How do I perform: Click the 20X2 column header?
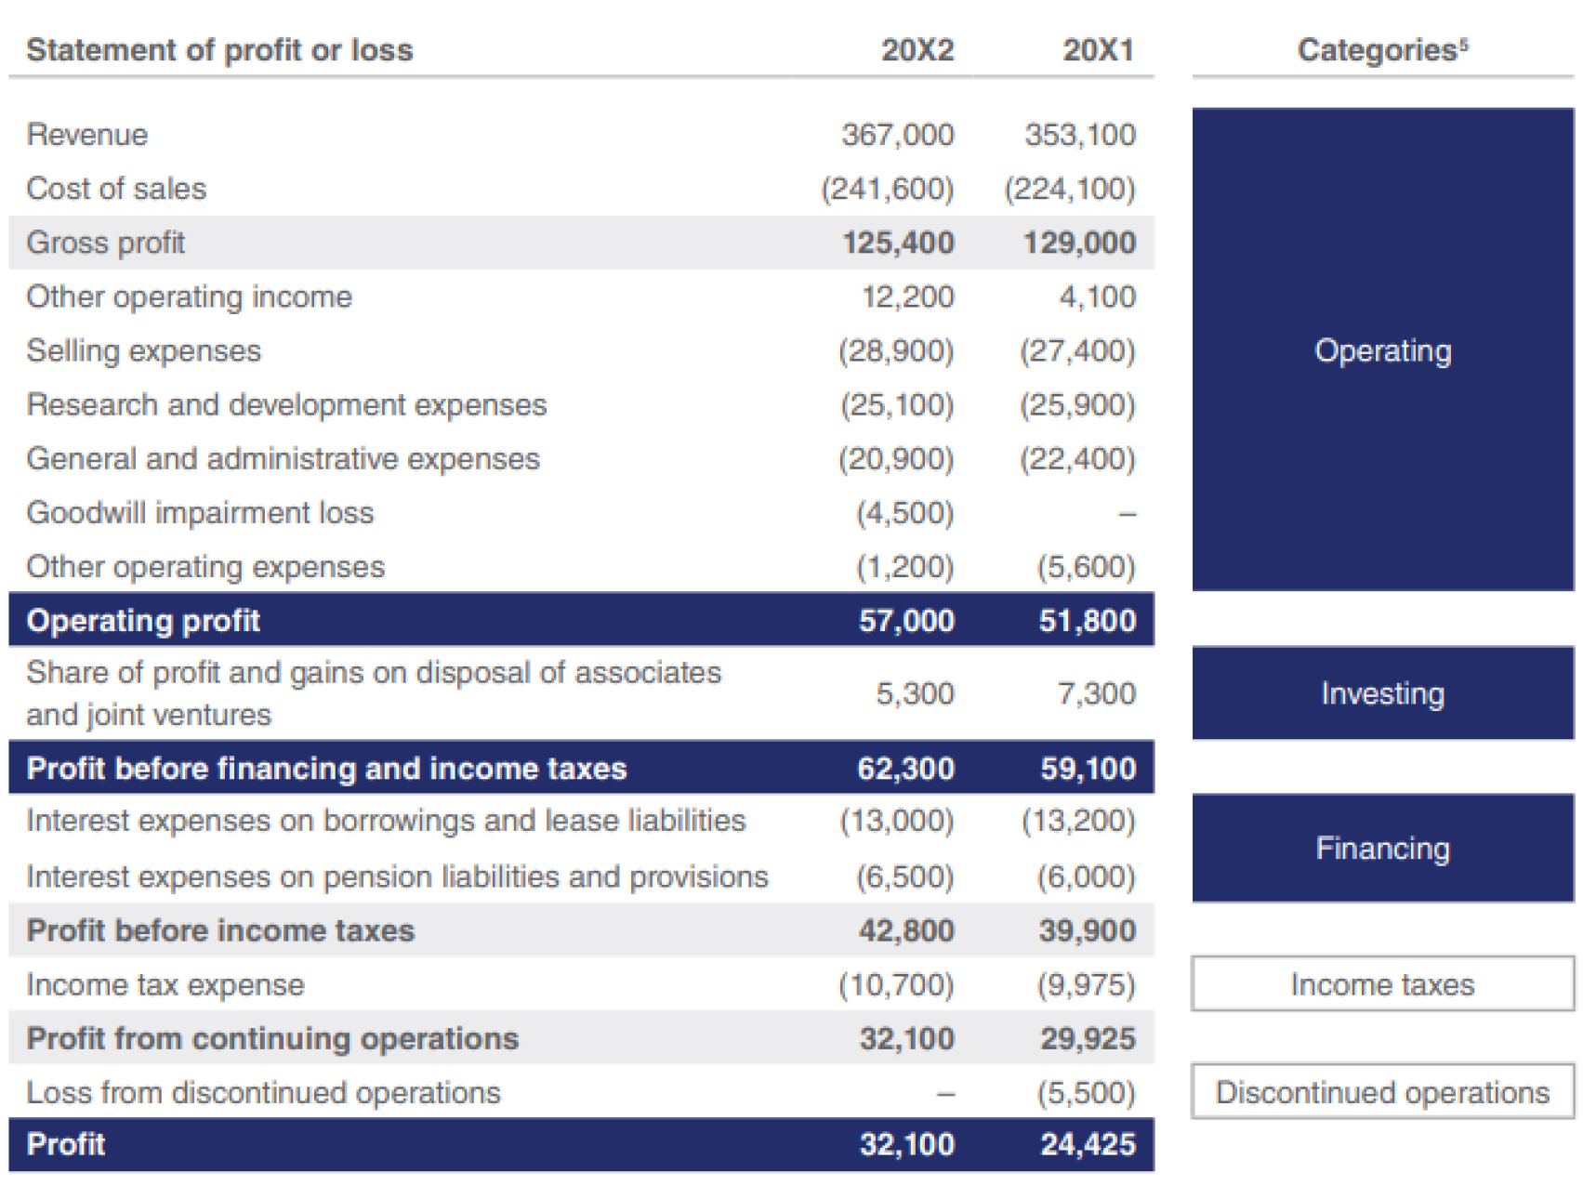coord(917,50)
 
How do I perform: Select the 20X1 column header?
coord(1098,50)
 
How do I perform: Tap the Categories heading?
coord(1381,50)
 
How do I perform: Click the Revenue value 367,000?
coord(897,135)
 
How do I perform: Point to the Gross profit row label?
coord(106,243)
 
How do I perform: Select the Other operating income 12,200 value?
coord(906,296)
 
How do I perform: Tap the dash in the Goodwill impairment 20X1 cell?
coord(1126,513)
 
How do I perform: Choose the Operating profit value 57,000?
coord(905,621)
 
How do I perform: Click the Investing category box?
coord(1382,693)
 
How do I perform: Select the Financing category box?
coord(1382,848)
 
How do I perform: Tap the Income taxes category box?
coord(1382,984)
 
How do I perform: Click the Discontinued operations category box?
coord(1382,1092)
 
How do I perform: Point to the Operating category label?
coord(1382,350)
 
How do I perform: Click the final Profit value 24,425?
coord(1088,1144)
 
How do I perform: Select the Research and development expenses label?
coord(286,405)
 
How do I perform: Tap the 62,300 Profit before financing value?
coord(905,769)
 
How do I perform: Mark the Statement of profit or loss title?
coord(219,50)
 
